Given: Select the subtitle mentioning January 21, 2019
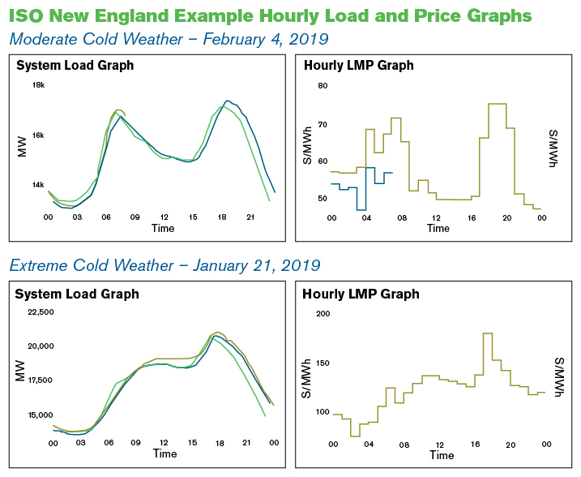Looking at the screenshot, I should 164,265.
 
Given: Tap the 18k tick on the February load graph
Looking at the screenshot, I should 38,85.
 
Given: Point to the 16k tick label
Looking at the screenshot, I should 38,135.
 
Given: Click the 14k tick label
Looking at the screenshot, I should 38,185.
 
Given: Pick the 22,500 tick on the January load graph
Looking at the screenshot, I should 40,312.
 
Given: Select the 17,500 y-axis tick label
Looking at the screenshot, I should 40,380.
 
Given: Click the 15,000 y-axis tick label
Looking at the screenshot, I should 40,415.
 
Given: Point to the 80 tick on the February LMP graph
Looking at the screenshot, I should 322,86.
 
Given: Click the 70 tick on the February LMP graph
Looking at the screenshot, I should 322,124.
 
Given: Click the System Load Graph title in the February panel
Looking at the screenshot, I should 75,66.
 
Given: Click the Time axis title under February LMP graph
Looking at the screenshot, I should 438,229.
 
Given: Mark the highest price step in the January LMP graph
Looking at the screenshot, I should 488,333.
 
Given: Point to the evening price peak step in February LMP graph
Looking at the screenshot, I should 497,104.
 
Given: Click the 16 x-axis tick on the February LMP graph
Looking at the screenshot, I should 472,218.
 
